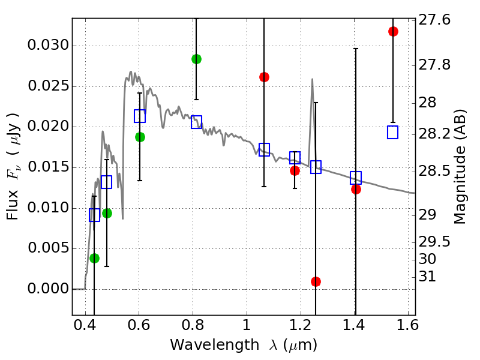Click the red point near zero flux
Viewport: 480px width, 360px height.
pyautogui.click(x=316, y=281)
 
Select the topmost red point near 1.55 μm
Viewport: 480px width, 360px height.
pyautogui.click(x=393, y=31)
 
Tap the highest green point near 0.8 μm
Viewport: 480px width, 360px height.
pyautogui.click(x=196, y=59)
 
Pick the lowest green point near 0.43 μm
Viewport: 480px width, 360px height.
pyautogui.click(x=94, y=258)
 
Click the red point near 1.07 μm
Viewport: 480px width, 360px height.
pyautogui.click(x=264, y=77)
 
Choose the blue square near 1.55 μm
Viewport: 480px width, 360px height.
pyautogui.click(x=393, y=133)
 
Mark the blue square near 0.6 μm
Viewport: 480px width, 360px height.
pyautogui.click(x=140, y=116)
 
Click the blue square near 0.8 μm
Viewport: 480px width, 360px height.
pyautogui.click(x=196, y=122)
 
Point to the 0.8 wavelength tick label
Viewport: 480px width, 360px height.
pyautogui.click(x=193, y=327)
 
